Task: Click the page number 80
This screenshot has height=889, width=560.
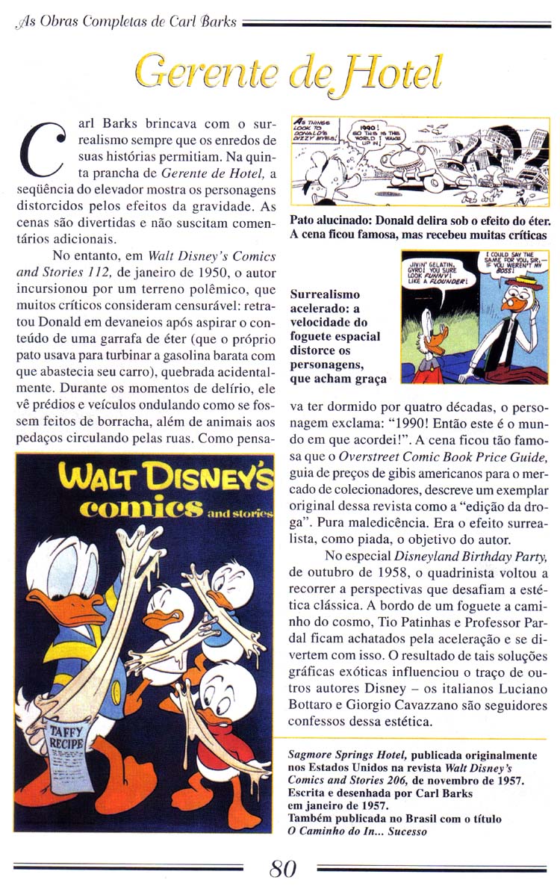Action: [283, 869]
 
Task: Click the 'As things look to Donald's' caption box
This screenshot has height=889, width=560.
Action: [316, 133]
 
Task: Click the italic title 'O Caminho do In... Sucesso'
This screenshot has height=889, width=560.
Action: [358, 831]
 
